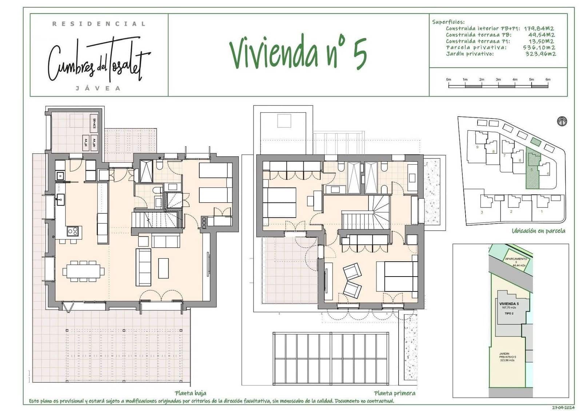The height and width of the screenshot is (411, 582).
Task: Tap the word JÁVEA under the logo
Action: pyautogui.click(x=98, y=88)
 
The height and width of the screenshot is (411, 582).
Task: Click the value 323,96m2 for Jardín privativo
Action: pyautogui.click(x=541, y=54)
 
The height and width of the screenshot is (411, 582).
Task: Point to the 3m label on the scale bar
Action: pyautogui.click(x=498, y=79)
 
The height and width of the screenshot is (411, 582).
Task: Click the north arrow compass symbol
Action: pyautogui.click(x=562, y=121)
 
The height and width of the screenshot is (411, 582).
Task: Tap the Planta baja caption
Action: pyautogui.click(x=190, y=393)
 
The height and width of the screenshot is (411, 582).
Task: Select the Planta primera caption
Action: pyautogui.click(x=394, y=393)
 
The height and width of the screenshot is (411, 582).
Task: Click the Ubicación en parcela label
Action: pyautogui.click(x=538, y=231)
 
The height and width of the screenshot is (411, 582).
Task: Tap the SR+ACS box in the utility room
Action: pyautogui.click(x=95, y=124)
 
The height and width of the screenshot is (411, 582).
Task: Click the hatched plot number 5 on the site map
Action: pyautogui.click(x=532, y=169)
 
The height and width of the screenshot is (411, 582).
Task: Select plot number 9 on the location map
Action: pyautogui.click(x=477, y=147)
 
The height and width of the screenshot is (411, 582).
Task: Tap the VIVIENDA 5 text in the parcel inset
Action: pyautogui.click(x=509, y=303)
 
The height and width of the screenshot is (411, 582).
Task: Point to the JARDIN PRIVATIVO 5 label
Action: pyautogui.click(x=507, y=357)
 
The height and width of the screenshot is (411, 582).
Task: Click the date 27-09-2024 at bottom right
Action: pyautogui.click(x=563, y=408)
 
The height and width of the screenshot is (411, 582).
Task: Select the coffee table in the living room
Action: pyautogui.click(x=164, y=268)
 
